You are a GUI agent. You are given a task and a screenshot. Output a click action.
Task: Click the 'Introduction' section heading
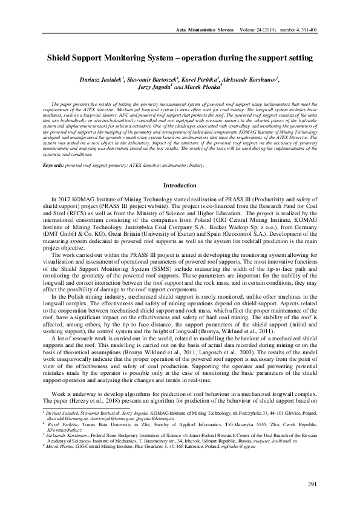tap(180, 184)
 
